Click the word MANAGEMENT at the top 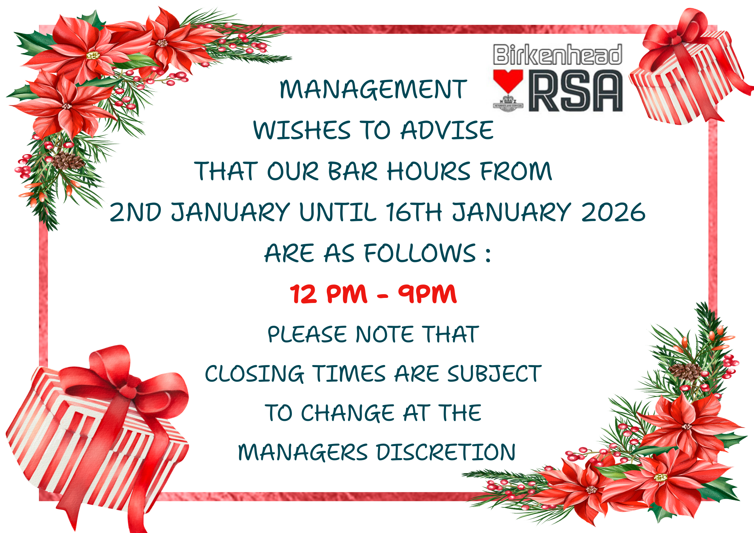373,90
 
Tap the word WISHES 302,130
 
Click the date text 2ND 135,212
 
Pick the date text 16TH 414,212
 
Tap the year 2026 613,212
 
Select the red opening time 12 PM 329,294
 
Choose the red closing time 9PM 428,294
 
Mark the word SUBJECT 494,373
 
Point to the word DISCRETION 446,452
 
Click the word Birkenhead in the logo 558,54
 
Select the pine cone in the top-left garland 68,161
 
